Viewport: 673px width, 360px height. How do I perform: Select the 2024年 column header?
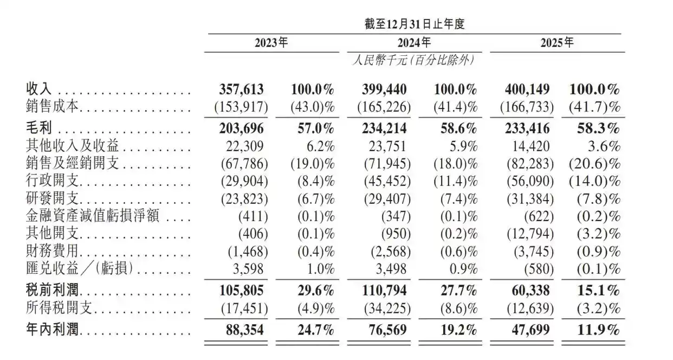(415, 43)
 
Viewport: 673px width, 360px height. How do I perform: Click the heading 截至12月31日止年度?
(415, 24)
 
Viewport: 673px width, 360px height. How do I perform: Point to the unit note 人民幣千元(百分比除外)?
(415, 60)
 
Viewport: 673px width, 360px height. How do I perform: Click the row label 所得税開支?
(60, 308)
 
